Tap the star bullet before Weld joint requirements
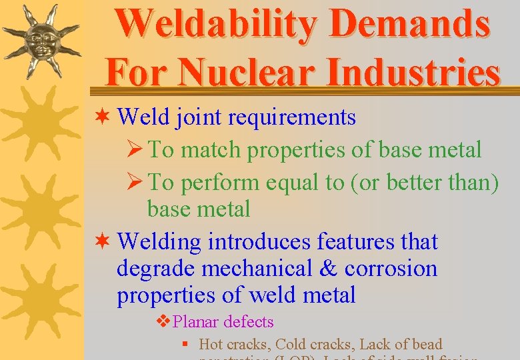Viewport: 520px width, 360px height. coord(104,117)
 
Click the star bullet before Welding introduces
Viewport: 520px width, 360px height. coord(104,242)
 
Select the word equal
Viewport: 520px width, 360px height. coord(289,182)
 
